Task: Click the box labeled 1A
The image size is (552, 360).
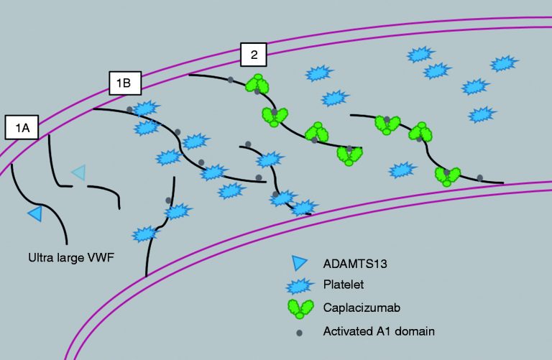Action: pos(22,127)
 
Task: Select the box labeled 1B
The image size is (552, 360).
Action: pos(125,83)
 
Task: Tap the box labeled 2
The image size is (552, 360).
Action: pos(254,55)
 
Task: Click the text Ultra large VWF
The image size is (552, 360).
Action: pos(71,257)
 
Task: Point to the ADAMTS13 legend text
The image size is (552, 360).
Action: pos(355,264)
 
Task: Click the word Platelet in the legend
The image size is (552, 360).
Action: pos(344,285)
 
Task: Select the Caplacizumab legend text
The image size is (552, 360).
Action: pos(362,308)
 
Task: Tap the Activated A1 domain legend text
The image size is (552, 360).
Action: pos(379,331)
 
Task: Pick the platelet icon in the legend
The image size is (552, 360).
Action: pos(300,286)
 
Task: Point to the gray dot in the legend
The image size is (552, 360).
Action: pos(299,333)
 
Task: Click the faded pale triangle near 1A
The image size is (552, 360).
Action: pos(79,172)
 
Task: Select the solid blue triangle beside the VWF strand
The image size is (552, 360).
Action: pos(36,213)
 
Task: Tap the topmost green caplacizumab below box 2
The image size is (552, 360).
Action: pos(257,84)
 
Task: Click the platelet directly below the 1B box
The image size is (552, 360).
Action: pos(145,108)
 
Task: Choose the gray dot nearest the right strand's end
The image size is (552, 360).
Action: pos(480,177)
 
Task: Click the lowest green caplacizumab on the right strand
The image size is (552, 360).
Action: pos(448,176)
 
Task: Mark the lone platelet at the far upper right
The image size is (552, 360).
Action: pos(504,63)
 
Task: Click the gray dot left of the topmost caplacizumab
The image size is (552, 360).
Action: pos(230,80)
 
